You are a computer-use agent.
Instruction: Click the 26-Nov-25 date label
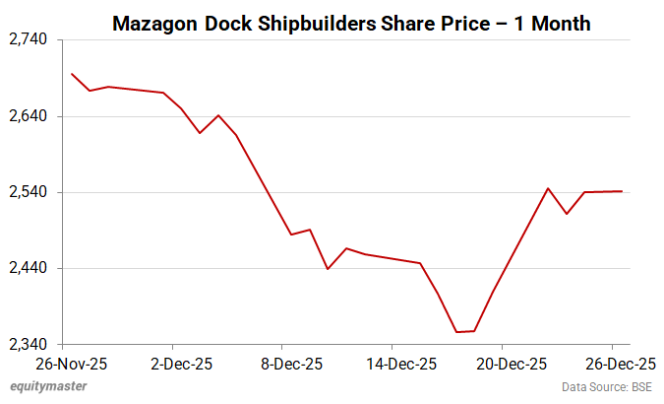(63, 363)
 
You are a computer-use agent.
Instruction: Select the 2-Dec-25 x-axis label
(172, 363)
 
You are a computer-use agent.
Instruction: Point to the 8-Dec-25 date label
(282, 363)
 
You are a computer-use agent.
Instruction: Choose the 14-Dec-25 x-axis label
(392, 363)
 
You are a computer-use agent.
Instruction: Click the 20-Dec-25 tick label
(502, 363)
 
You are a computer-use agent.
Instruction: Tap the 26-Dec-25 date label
(611, 363)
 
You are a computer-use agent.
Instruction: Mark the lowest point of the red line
(456, 332)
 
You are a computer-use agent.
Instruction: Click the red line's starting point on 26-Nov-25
(72, 74)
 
